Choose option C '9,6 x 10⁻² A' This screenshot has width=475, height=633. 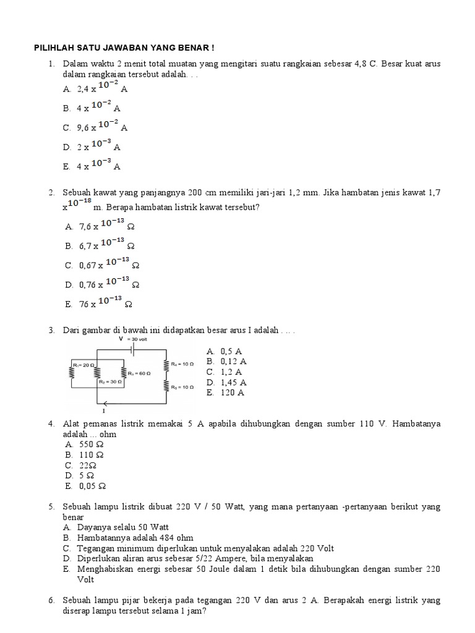coord(96,128)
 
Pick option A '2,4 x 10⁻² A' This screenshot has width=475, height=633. coord(96,88)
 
